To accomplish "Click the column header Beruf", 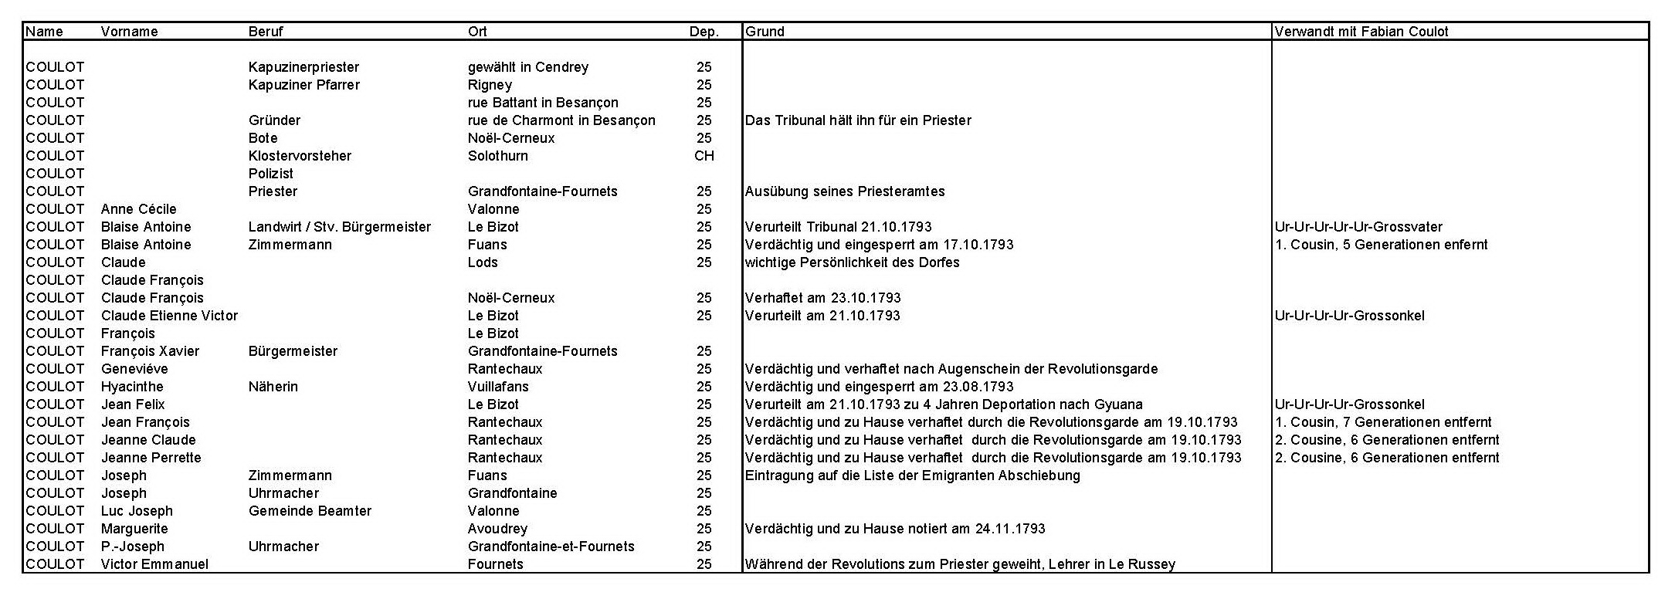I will pyautogui.click(x=266, y=32).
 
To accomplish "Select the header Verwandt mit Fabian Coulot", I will pyautogui.click(x=1361, y=32).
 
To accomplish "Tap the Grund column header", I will pyautogui.click(x=765, y=32).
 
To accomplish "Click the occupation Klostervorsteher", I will pyautogui.click(x=300, y=156).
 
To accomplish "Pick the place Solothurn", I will pyautogui.click(x=498, y=156).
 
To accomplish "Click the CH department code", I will pyautogui.click(x=704, y=156).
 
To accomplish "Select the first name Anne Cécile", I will pyautogui.click(x=138, y=209).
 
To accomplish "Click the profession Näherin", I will pyautogui.click(x=273, y=387).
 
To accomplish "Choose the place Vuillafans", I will pyautogui.click(x=498, y=387).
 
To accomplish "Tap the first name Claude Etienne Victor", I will pyautogui.click(x=169, y=316).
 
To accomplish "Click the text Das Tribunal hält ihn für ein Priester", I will pyautogui.click(x=858, y=120).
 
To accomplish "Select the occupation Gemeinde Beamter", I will pyautogui.click(x=310, y=511).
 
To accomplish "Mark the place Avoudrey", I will pyautogui.click(x=497, y=529).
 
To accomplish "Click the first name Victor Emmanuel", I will pyautogui.click(x=154, y=564).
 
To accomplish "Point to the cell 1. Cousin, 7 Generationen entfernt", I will pyautogui.click(x=1383, y=422).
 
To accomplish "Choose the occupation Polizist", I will pyautogui.click(x=270, y=174).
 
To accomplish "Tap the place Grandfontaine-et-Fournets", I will pyautogui.click(x=551, y=547).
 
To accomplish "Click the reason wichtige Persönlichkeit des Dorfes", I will pyautogui.click(x=852, y=262).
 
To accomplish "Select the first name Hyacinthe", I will pyautogui.click(x=132, y=387).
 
